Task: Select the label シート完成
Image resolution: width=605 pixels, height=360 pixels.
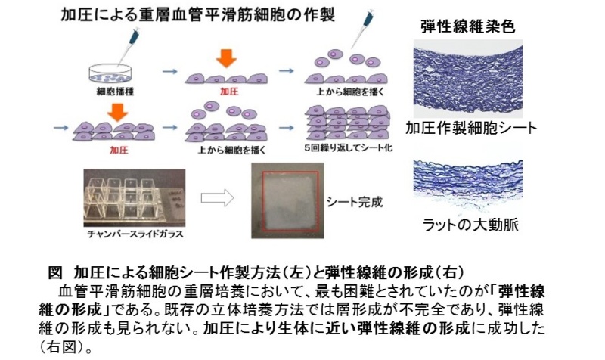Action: coord(355,203)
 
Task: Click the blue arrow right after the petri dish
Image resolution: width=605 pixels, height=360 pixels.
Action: coord(171,72)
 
